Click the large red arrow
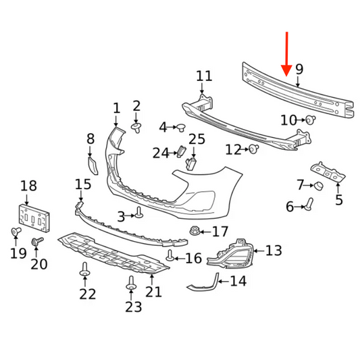click(x=286, y=54)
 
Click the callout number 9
click(x=299, y=69)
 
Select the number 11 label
click(x=204, y=76)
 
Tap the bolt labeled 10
click(x=311, y=120)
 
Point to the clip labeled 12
click(x=254, y=149)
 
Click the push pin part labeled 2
click(x=136, y=128)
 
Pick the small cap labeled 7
click(x=319, y=186)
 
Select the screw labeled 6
click(x=309, y=203)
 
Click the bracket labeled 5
click(x=328, y=172)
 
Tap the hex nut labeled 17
click(x=195, y=230)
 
